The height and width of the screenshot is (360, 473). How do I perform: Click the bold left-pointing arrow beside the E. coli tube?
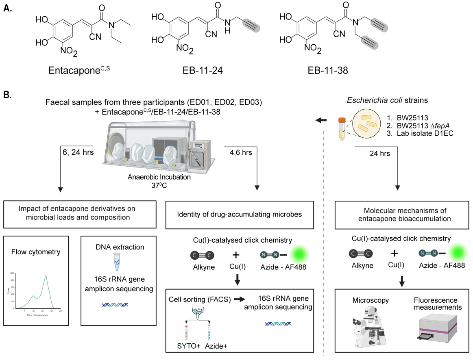322,120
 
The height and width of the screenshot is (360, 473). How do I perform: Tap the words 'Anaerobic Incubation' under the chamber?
142,178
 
